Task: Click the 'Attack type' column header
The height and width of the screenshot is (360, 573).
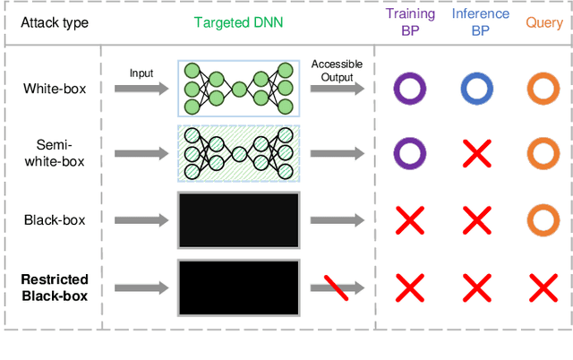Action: click(56, 22)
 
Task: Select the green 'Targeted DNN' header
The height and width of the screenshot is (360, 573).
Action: click(237, 22)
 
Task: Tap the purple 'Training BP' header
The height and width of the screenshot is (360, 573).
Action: click(409, 22)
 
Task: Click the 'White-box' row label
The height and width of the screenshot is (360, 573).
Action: click(56, 88)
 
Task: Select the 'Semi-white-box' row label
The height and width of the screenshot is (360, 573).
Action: click(56, 151)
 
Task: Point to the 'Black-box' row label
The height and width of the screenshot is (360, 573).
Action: click(56, 219)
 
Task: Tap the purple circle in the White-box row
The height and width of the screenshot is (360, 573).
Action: click(409, 88)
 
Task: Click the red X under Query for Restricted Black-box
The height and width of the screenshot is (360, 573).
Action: click(543, 287)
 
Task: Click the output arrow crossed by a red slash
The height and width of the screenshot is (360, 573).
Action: click(338, 287)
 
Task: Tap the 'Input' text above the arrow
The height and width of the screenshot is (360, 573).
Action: click(141, 72)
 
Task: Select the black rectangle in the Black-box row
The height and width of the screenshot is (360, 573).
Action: click(238, 219)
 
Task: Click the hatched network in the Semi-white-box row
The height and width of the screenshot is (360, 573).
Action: click(238, 152)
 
